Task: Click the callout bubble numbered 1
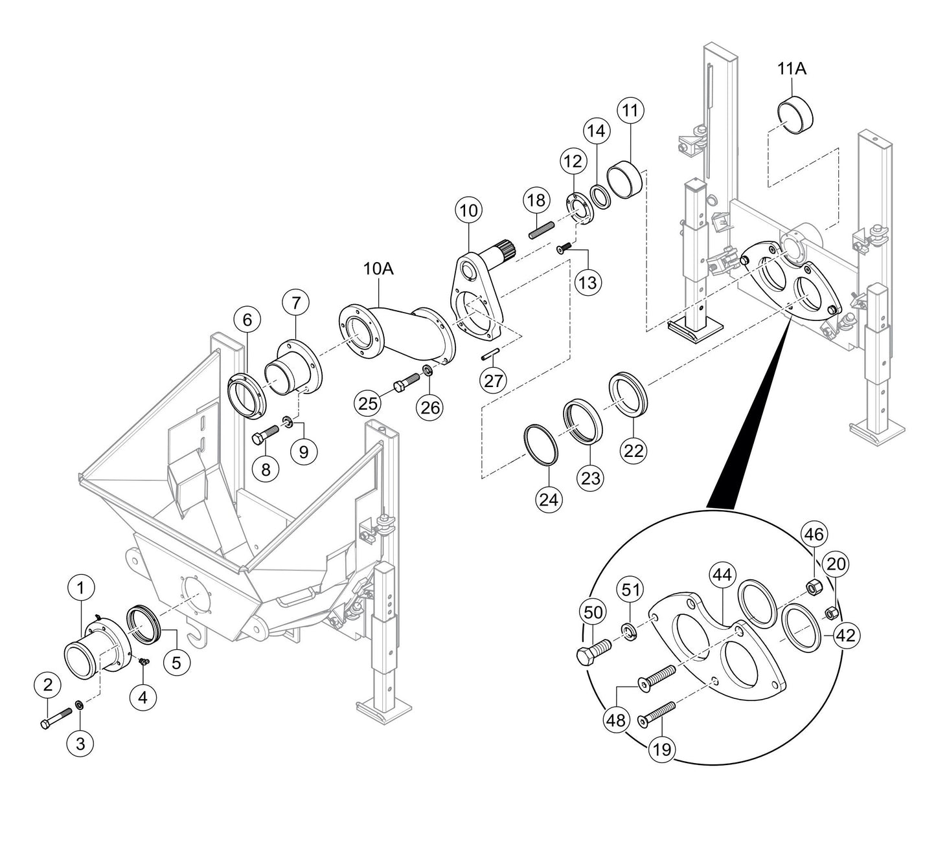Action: click(x=80, y=588)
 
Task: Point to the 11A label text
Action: click(x=792, y=68)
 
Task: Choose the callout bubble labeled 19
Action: click(x=663, y=750)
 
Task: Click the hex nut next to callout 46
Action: click(x=812, y=587)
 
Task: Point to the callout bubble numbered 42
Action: click(x=845, y=635)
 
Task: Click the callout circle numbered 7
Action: click(x=296, y=302)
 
